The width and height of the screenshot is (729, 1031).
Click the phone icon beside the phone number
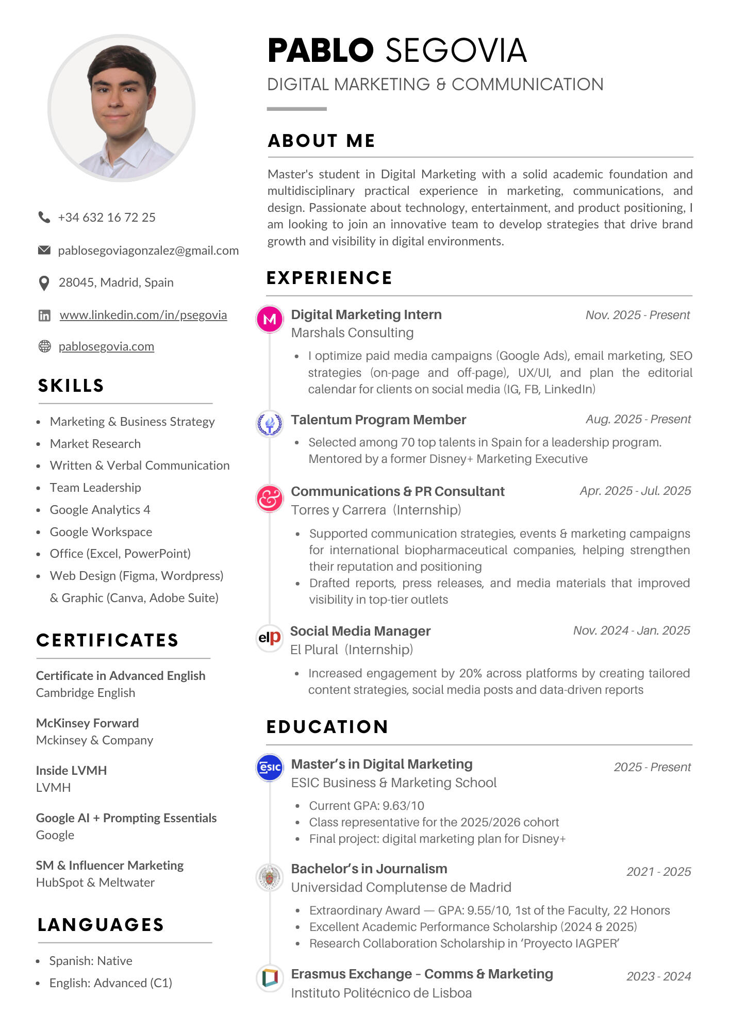44,217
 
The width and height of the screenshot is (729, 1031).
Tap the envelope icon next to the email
44,250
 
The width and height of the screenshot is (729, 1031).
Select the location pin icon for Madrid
44,283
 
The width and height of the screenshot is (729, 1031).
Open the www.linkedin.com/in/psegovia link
143,315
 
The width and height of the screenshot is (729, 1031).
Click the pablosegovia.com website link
106,346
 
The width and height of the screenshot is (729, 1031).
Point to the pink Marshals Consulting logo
270,319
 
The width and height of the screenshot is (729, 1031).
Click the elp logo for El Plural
270,638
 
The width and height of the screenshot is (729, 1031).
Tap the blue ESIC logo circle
270,768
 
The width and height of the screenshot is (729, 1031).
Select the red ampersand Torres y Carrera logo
270,498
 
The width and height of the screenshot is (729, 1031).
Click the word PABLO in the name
320,51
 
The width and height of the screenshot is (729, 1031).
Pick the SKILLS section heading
71,386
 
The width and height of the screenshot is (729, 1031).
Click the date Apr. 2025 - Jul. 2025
635,491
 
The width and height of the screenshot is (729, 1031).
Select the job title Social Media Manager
360,631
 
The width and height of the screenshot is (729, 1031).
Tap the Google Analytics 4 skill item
100,510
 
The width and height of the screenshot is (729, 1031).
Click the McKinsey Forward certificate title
87,723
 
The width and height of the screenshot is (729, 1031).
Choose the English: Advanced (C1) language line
110,983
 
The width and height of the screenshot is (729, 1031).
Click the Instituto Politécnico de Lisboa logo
270,977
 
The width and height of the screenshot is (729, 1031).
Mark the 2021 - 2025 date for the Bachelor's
658,872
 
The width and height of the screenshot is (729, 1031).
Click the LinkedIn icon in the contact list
44,315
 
